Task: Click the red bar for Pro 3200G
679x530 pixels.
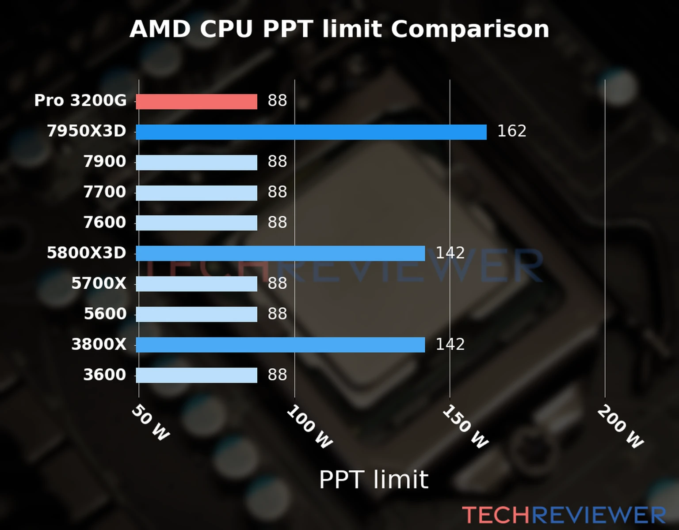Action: click(196, 102)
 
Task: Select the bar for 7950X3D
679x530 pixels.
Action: click(311, 132)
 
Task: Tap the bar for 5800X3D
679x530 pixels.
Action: click(280, 254)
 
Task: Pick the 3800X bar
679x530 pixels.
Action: click(280, 345)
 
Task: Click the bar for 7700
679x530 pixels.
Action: click(196, 193)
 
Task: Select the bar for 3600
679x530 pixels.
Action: click(196, 375)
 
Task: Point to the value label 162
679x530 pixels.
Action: click(511, 131)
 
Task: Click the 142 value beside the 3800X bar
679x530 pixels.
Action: click(450, 344)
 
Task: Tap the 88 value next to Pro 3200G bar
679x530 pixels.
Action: click(277, 101)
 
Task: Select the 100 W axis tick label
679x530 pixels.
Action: click(309, 427)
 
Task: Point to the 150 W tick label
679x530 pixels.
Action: click(465, 427)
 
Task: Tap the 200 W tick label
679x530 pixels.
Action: click(620, 427)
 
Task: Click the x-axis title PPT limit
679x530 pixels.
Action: click(374, 480)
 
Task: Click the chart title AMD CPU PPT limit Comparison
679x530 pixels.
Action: click(339, 29)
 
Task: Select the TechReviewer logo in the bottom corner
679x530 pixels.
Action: click(564, 515)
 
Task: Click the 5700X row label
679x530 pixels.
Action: click(99, 284)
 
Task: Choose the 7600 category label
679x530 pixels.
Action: click(105, 223)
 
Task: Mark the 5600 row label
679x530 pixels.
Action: click(105, 314)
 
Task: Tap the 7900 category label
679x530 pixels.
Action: click(105, 162)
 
